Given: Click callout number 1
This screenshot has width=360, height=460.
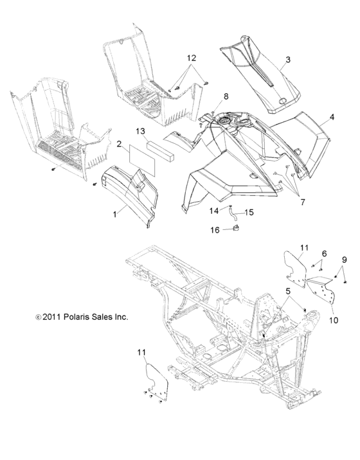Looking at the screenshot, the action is click(x=115, y=215).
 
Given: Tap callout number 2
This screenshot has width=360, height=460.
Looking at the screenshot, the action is click(x=119, y=144).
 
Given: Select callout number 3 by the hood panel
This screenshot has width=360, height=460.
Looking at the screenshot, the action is click(x=288, y=59).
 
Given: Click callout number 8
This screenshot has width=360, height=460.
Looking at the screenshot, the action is click(x=226, y=96).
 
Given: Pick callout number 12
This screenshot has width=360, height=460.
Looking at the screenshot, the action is click(x=191, y=58).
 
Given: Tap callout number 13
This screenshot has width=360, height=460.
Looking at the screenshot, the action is click(x=141, y=131).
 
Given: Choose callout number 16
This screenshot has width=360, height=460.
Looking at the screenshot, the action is click(x=215, y=230).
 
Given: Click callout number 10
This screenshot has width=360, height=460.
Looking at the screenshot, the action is click(x=334, y=320).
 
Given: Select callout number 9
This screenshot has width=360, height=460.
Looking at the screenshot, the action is click(x=345, y=260).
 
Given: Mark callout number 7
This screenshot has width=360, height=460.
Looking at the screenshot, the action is click(x=302, y=202).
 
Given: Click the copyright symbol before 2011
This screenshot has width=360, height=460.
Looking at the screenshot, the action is click(x=38, y=317).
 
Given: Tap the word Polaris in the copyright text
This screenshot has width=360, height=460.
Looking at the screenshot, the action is click(x=75, y=317).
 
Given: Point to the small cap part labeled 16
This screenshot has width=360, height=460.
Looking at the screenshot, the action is click(x=235, y=227).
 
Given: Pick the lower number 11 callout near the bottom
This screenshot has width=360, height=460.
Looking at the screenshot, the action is click(x=141, y=352).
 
